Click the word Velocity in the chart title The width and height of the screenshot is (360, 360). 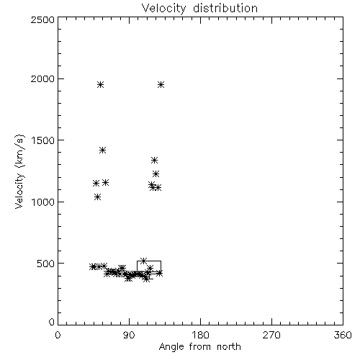(x=164, y=9)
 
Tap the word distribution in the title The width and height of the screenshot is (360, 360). (x=225, y=8)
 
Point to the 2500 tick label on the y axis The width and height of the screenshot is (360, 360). (x=43, y=19)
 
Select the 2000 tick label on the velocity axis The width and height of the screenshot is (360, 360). (x=43, y=78)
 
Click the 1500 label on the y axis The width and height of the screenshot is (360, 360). (x=43, y=140)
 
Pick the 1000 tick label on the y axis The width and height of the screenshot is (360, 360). (x=43, y=202)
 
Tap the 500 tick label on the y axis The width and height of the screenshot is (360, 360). (x=46, y=264)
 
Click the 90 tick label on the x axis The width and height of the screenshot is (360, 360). (x=129, y=335)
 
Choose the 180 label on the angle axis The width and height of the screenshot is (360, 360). (x=200, y=335)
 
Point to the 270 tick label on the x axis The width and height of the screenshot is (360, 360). (x=271, y=335)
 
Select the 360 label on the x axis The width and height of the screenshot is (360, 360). (x=343, y=335)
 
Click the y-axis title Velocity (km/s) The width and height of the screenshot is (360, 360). (x=19, y=171)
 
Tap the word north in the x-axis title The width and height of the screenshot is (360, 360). (x=229, y=347)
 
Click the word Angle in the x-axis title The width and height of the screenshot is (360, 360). (x=171, y=347)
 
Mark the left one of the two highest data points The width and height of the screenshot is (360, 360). (x=101, y=85)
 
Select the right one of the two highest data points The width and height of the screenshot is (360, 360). (x=161, y=85)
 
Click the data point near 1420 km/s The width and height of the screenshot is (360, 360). (x=103, y=150)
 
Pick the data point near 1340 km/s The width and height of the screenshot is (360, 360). (x=155, y=160)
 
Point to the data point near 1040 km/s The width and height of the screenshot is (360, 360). (x=97, y=197)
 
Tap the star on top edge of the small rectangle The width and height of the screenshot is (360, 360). (x=143, y=261)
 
